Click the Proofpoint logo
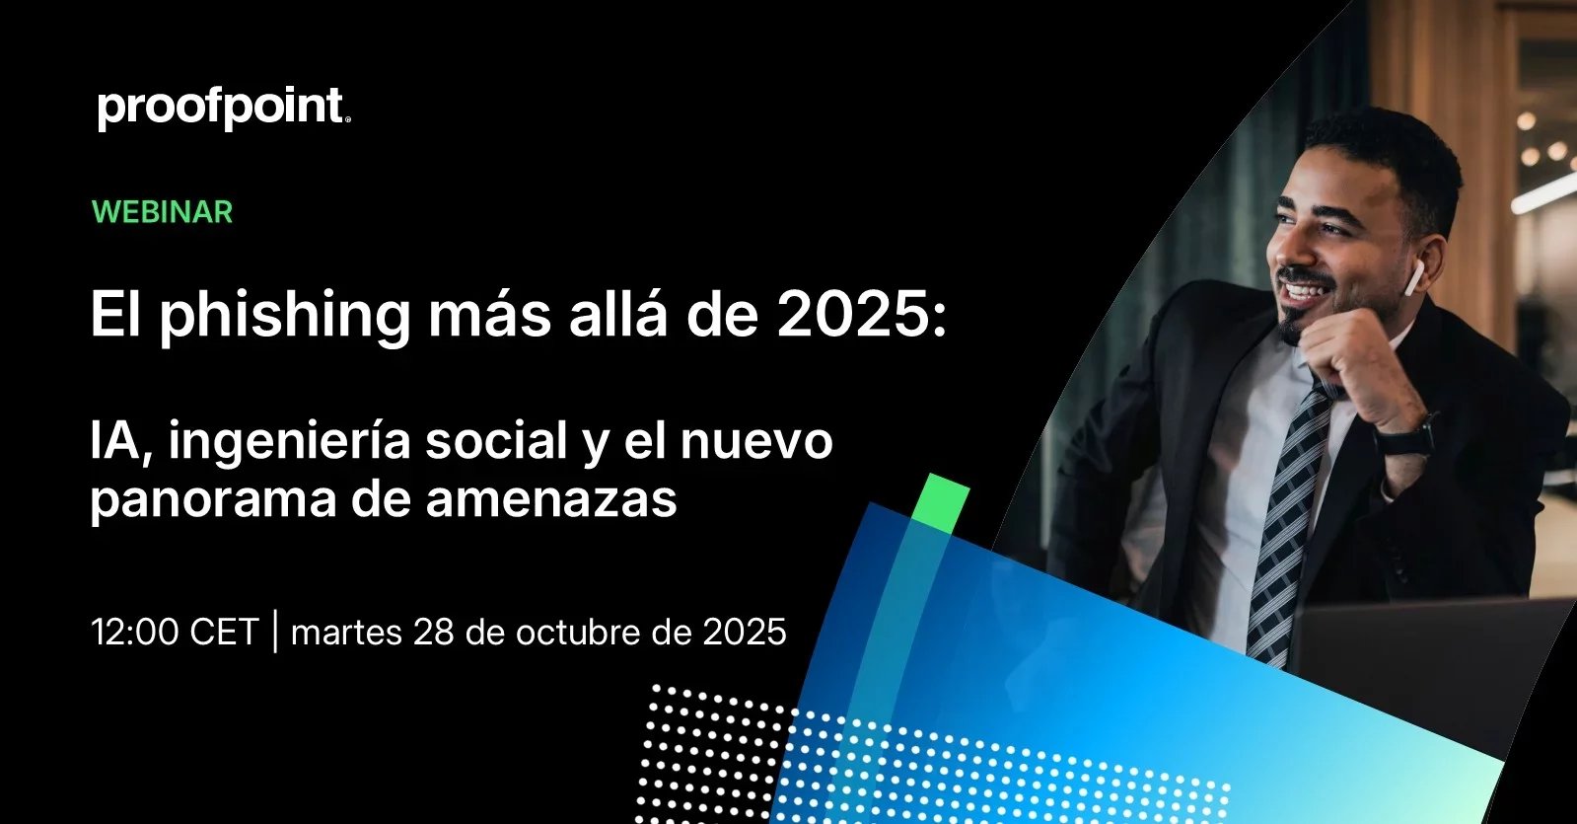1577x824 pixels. (224, 109)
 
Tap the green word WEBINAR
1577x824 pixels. (162, 212)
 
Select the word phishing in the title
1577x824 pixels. (284, 316)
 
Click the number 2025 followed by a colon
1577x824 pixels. (862, 315)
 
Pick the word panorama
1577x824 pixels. (213, 500)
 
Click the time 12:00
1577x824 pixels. (135, 631)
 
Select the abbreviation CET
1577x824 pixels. (224, 631)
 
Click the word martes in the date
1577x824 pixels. (346, 632)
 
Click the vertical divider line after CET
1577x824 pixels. (274, 632)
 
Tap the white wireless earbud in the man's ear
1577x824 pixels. (1413, 279)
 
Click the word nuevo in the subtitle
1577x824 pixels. (756, 441)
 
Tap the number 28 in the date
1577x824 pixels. (434, 632)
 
